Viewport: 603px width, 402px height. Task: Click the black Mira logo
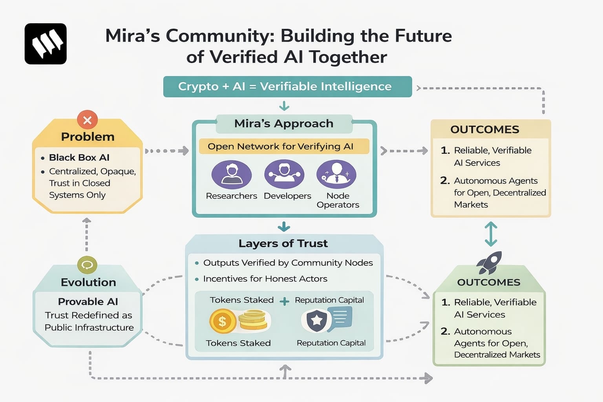tap(46, 44)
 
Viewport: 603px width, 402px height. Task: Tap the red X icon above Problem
tap(87, 120)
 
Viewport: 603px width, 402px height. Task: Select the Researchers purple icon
tap(232, 175)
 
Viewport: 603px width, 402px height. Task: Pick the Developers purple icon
tap(284, 174)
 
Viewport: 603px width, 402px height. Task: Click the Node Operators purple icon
tap(336, 174)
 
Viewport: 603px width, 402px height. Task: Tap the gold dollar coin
tap(222, 321)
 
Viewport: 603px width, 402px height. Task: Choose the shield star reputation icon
tap(316, 320)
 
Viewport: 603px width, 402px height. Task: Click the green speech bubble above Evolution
tap(87, 265)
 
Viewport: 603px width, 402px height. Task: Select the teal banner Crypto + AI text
tap(285, 86)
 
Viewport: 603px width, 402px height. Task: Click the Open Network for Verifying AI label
tap(280, 146)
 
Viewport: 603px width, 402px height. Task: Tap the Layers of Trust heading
tap(283, 243)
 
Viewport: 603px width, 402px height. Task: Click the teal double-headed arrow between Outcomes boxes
tap(491, 234)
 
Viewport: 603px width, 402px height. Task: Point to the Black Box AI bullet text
tap(79, 157)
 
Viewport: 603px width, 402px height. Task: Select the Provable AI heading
tap(88, 301)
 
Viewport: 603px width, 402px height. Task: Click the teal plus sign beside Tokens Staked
tap(284, 301)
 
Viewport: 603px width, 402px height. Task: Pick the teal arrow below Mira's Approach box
tap(284, 227)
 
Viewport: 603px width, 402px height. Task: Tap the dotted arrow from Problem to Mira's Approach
tap(167, 151)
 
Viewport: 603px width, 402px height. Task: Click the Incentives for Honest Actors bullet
tap(265, 279)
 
